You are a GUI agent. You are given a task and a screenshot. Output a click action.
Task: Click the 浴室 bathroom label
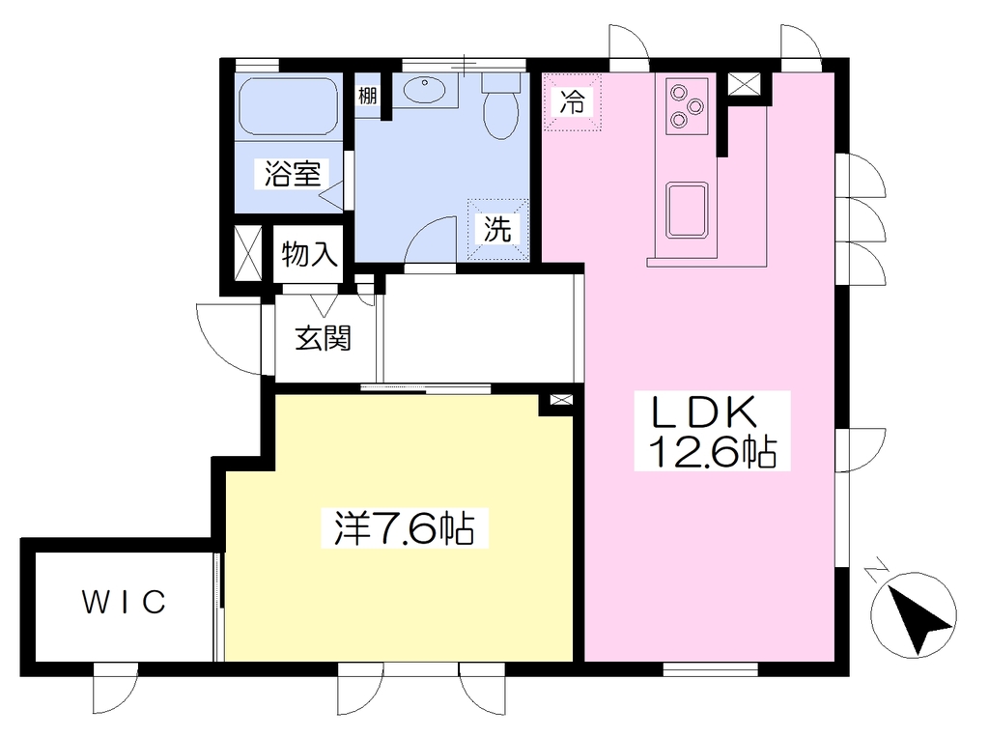292,174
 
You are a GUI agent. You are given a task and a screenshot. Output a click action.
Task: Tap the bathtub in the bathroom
289,106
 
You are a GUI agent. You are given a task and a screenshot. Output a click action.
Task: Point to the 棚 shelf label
367,96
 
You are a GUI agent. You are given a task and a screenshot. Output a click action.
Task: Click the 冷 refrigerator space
573,101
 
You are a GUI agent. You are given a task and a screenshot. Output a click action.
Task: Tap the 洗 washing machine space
497,229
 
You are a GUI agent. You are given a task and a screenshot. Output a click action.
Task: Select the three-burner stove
687,107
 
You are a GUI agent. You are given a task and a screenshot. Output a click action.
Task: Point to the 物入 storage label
309,254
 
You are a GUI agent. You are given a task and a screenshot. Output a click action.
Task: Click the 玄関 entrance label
323,339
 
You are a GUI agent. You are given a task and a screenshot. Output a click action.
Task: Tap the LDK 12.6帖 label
712,431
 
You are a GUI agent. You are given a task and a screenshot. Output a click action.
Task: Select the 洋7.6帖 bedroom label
405,527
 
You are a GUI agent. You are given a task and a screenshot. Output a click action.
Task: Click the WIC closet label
125,602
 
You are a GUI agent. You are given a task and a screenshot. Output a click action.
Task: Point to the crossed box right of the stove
745,84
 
